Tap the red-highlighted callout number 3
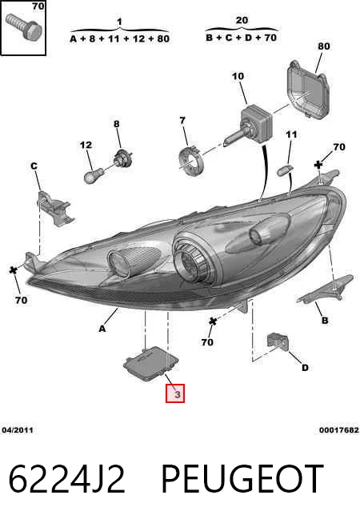pyautogui.click(x=175, y=393)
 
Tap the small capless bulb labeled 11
pyautogui.click(x=285, y=170)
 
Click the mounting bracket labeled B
pyautogui.click(x=326, y=289)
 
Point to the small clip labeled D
pyautogui.click(x=278, y=341)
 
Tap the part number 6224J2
pyautogui.click(x=67, y=479)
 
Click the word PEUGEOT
pyautogui.click(x=242, y=479)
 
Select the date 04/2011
pyautogui.click(x=18, y=430)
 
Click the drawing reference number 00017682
pyautogui.click(x=338, y=430)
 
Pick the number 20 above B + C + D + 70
pyautogui.click(x=242, y=20)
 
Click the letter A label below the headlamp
pyautogui.click(x=102, y=329)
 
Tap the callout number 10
pyautogui.click(x=238, y=77)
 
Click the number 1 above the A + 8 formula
pyautogui.click(x=119, y=22)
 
